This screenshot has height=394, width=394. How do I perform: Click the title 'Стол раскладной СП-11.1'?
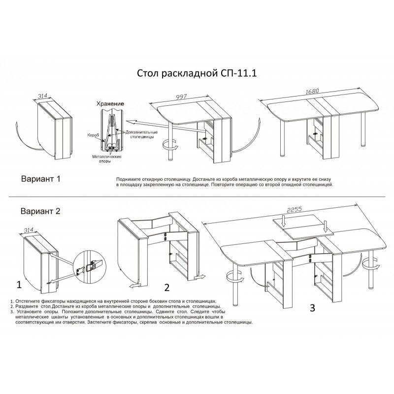coord(197,73)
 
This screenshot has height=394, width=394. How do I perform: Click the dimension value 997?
coord(181,97)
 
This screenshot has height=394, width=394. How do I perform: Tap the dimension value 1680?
coord(312,91)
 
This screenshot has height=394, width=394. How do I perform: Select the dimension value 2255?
coord(294,209)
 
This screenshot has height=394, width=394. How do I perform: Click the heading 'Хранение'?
coord(110,104)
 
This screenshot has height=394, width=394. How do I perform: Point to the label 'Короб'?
coord(93,135)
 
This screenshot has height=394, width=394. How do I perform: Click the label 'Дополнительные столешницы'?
coord(141,134)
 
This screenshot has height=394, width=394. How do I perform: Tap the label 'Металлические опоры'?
coord(107,159)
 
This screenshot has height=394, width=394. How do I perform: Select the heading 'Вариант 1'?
coord(41,179)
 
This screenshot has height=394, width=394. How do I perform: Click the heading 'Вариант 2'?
coord(40,211)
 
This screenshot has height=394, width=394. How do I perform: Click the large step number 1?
coord(19,285)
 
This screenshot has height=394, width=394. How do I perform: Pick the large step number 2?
coord(167,288)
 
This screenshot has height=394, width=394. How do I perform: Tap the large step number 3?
coord(312,308)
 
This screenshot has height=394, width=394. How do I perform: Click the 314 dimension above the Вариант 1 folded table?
coord(43,96)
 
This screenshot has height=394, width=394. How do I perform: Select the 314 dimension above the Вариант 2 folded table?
coord(29,230)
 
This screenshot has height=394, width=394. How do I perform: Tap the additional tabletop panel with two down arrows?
coord(303,227)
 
